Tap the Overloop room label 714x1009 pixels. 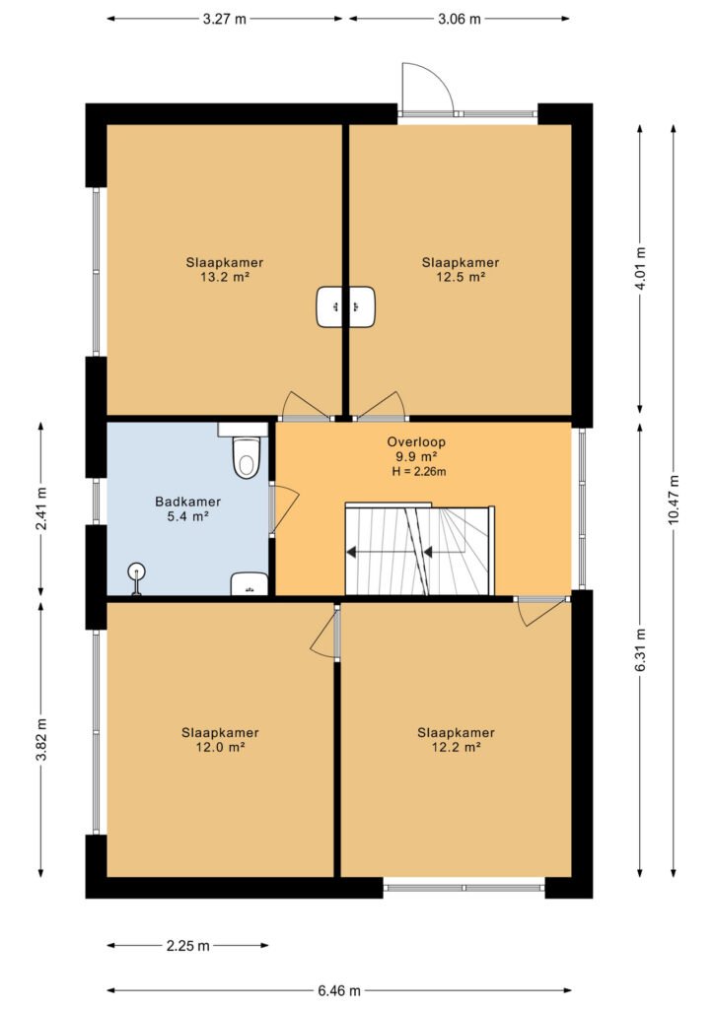[416, 442]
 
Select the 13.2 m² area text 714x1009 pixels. [225, 277]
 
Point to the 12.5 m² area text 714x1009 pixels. [461, 277]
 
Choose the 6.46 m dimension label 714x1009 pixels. [338, 990]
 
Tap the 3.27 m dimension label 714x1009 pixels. [225, 19]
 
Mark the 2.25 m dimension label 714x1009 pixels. [188, 945]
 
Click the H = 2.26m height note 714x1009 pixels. [419, 472]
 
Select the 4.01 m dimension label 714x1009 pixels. [641, 269]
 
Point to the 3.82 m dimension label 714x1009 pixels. [41, 739]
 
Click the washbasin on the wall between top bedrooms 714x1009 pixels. [346, 306]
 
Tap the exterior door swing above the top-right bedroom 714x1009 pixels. [427, 89]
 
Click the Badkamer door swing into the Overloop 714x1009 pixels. [285, 508]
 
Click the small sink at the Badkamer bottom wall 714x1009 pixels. [250, 583]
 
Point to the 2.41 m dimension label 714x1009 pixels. [41, 508]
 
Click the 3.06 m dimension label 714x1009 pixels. [460, 19]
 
